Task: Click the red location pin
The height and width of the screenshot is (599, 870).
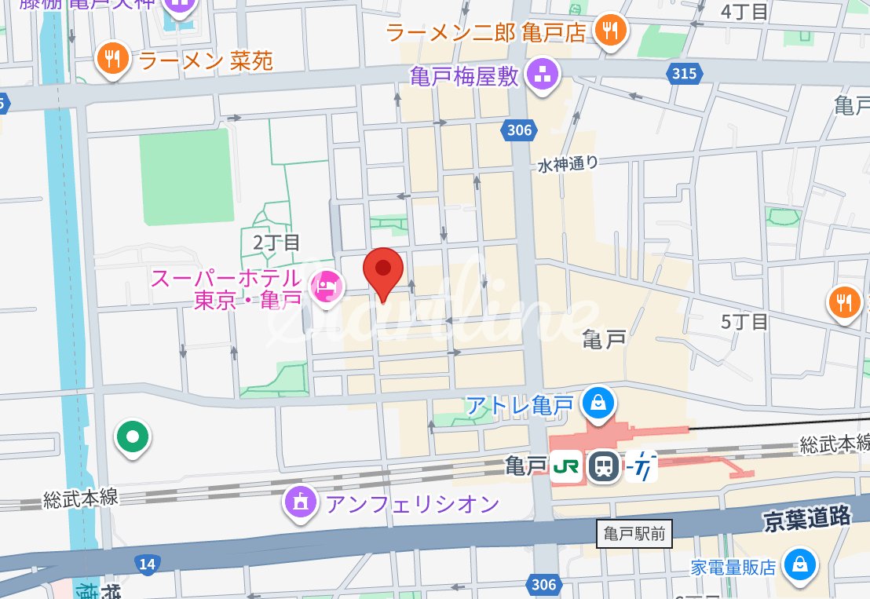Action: (383, 270)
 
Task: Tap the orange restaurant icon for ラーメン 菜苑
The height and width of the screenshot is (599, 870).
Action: (114, 60)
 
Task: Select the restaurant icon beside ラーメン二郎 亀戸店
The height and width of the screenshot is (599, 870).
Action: (609, 31)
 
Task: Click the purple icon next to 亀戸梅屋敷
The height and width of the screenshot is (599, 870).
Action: (542, 75)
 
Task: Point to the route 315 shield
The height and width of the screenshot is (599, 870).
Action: (683, 73)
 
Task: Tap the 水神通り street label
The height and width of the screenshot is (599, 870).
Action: (568, 164)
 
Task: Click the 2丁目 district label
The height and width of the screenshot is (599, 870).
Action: (276, 242)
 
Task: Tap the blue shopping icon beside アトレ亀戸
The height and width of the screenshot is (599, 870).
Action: (598, 404)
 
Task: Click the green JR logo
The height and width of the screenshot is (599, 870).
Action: (565, 467)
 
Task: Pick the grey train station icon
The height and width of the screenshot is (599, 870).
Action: (602, 467)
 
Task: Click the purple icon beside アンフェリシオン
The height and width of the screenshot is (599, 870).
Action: (301, 502)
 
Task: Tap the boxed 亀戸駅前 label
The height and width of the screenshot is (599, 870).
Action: (634, 535)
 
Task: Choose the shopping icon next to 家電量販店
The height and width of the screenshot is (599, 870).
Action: (799, 564)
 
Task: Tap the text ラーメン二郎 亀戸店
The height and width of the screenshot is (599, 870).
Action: (486, 32)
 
